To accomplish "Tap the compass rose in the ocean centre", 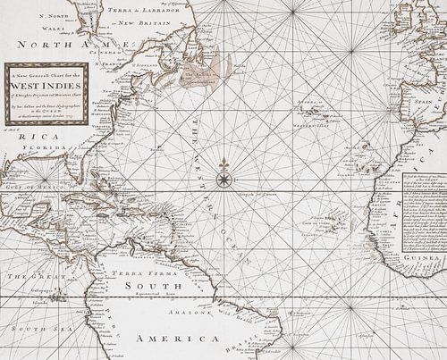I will coord(223,165).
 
